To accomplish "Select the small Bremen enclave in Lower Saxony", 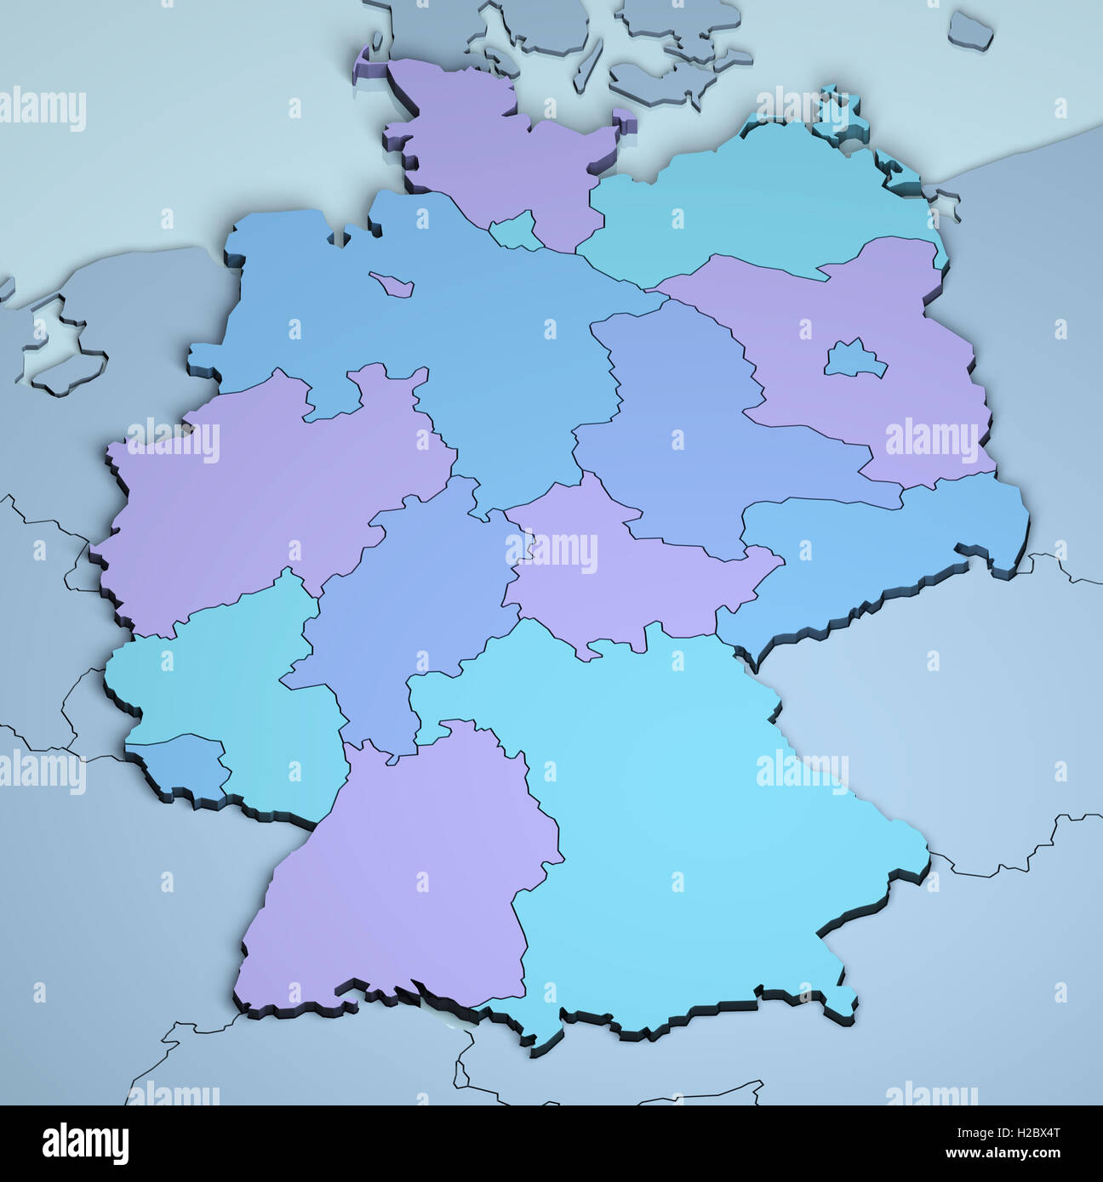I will tap(392, 282).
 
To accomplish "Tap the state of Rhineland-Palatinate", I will tap(230, 680).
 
